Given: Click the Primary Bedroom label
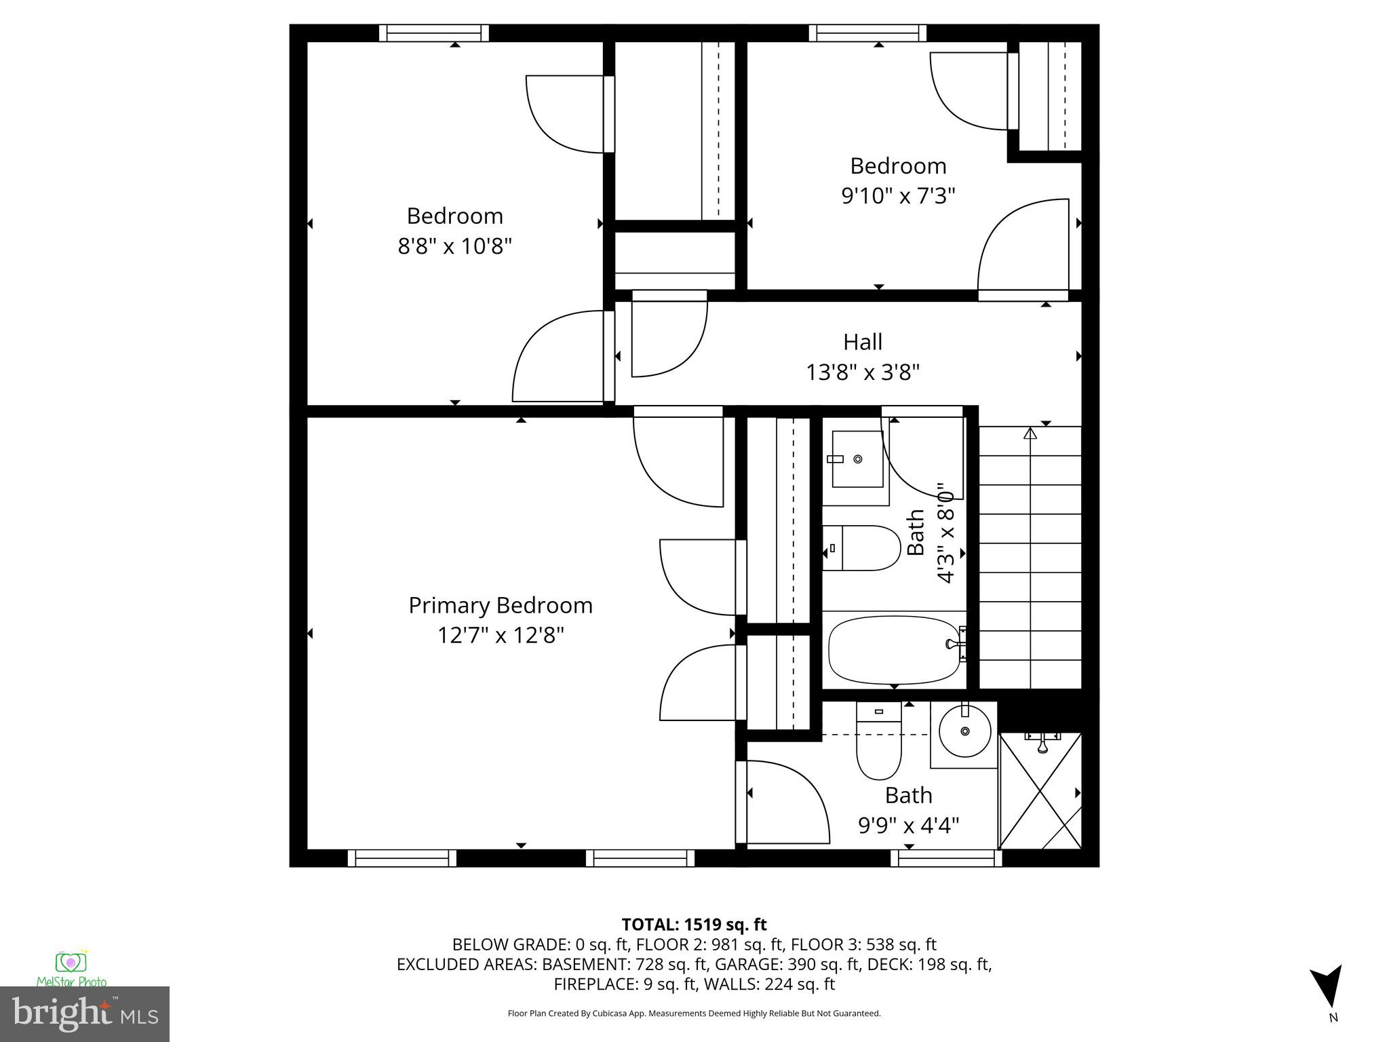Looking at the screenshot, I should point(501,605).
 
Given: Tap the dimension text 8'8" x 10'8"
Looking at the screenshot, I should point(454,246).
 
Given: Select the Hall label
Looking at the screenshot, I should point(863,342).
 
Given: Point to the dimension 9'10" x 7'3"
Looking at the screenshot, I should point(898,196).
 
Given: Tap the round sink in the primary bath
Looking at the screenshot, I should point(964,732).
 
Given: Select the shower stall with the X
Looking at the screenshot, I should point(1040,791).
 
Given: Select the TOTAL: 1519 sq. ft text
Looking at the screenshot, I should point(694,925).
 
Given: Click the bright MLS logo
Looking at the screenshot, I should point(84,1013).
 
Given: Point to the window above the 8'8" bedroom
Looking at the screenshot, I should point(434,33).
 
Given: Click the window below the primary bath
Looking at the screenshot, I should point(945,858).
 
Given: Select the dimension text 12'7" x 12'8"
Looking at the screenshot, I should point(501,636).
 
